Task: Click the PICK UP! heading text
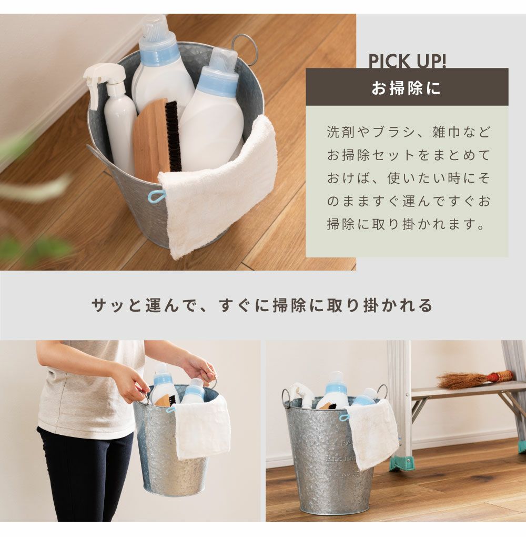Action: click(407, 62)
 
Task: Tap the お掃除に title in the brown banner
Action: click(407, 88)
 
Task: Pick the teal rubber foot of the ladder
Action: click(402, 463)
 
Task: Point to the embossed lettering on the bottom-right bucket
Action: click(342, 460)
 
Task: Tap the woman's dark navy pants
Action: click(86, 476)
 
